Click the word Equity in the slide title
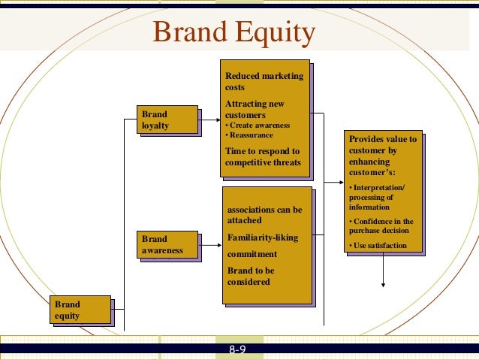(x=275, y=34)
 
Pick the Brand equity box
(x=80, y=310)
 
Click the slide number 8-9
(x=239, y=350)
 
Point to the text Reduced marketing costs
(x=264, y=81)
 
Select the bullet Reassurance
(x=252, y=135)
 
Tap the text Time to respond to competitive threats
(x=263, y=156)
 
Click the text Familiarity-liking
(x=262, y=238)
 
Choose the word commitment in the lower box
(x=252, y=254)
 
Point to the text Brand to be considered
(x=251, y=276)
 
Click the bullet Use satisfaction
(x=380, y=246)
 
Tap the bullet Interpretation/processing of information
(x=376, y=197)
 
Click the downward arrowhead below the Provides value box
(x=384, y=284)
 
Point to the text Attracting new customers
(x=255, y=109)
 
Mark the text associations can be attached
(x=264, y=215)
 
